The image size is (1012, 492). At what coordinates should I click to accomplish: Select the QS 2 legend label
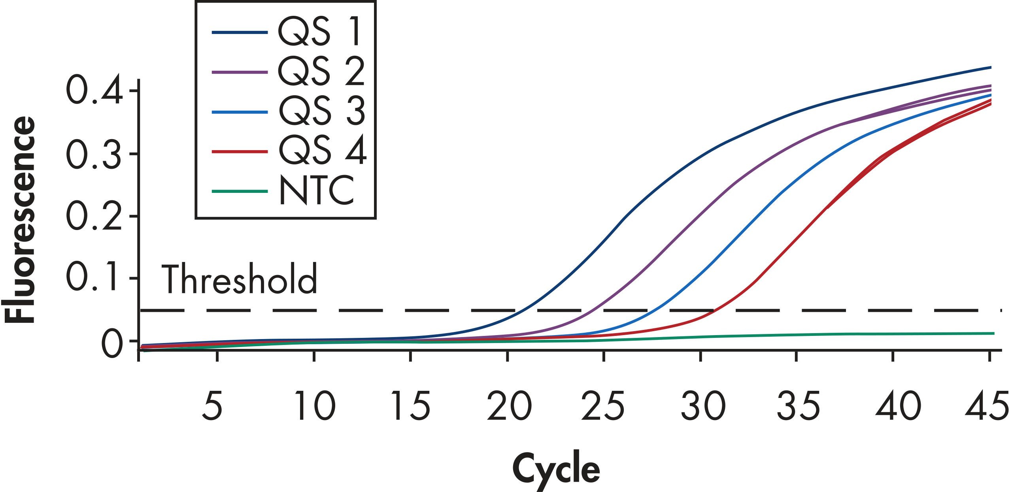point(321,72)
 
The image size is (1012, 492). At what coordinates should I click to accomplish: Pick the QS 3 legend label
point(322,111)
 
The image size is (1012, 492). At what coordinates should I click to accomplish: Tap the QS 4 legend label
point(323,151)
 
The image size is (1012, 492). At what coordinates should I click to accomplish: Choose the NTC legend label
point(316,190)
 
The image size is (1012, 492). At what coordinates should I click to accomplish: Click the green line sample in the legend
point(240,191)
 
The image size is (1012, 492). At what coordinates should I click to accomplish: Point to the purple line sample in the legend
point(240,72)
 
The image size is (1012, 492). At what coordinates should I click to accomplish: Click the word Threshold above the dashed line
point(239,279)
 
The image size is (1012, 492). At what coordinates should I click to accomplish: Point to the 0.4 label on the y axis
point(94,90)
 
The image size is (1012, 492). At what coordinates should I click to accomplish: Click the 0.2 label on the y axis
point(94,216)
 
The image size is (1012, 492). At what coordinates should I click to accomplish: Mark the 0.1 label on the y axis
point(92,278)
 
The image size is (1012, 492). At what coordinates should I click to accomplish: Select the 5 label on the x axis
point(212,405)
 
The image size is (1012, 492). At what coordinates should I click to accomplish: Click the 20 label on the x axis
point(509,405)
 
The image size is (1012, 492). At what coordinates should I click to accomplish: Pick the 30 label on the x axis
point(702,405)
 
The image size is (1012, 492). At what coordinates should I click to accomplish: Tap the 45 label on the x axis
point(987,405)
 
